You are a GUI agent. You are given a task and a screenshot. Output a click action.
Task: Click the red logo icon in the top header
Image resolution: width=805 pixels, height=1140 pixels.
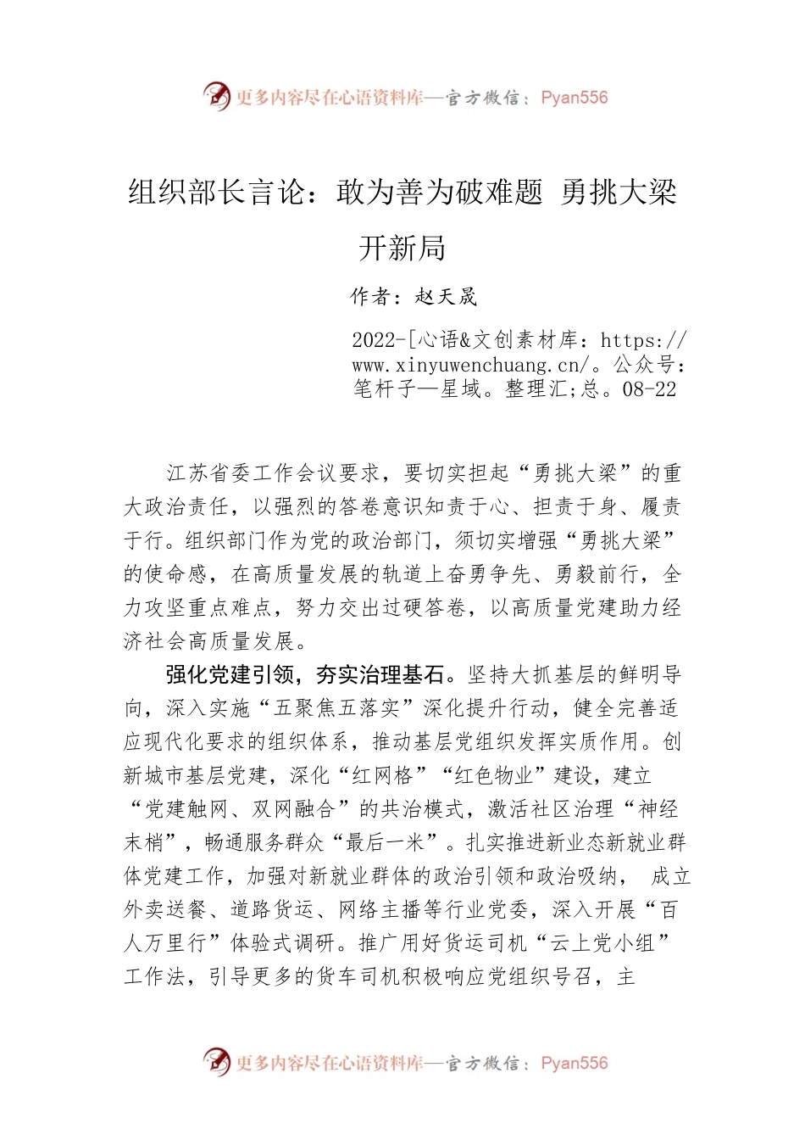click(217, 96)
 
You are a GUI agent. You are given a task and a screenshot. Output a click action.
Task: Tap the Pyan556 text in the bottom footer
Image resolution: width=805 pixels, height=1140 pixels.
click(574, 1063)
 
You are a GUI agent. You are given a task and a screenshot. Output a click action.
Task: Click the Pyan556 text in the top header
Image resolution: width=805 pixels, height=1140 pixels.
click(574, 98)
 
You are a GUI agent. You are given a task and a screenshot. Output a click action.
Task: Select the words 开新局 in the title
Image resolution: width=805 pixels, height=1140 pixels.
click(402, 249)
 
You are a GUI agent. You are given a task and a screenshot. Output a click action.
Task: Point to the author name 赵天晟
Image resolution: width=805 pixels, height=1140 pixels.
click(447, 297)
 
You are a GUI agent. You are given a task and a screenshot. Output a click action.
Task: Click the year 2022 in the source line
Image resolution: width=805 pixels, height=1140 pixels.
click(374, 341)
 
